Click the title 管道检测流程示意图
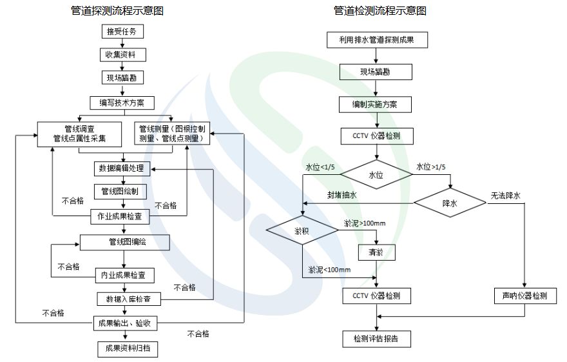coord(380,11)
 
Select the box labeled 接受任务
coord(122,32)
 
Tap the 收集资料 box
coord(122,54)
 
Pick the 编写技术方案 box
coord(122,102)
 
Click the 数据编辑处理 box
coord(122,169)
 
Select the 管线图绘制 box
coord(122,192)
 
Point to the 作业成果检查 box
coord(122,217)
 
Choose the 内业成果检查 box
coord(124,276)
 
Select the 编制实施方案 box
coord(376,103)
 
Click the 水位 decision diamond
coord(376,174)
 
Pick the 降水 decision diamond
coord(450,203)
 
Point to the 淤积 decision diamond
coord(302,231)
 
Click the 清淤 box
coord(376,252)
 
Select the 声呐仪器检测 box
coord(525,296)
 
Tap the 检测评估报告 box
coord(376,338)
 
